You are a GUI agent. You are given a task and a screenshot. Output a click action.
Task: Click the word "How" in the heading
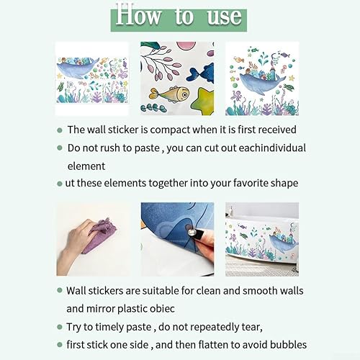[138, 14]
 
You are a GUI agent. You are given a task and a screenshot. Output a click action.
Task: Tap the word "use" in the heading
[225, 17]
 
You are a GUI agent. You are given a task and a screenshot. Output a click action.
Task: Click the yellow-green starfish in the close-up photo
[204, 101]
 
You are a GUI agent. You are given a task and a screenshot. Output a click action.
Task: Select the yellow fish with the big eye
[169, 94]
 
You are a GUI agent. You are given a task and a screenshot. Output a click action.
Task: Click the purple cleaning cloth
[100, 235]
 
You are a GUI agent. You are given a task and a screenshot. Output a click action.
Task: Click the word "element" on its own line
[86, 166]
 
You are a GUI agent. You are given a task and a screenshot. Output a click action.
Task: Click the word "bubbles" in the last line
[288, 345]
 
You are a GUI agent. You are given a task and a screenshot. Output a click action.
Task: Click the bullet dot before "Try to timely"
[60, 327]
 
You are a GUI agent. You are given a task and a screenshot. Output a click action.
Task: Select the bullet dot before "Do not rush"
[60, 148]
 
